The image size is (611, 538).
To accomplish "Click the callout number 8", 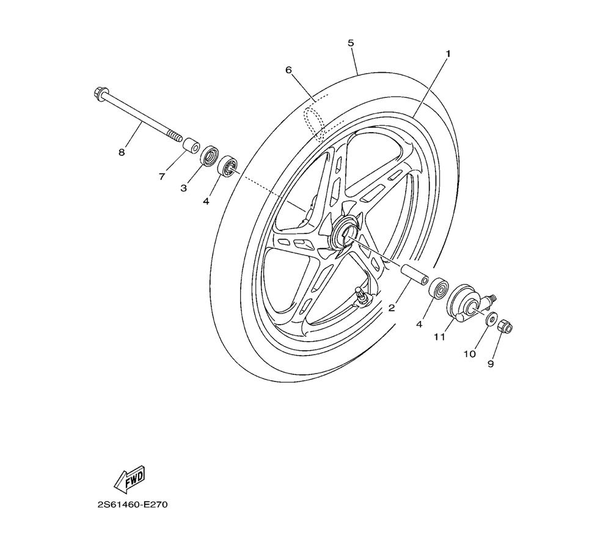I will coord(122,153).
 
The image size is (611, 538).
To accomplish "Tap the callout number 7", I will coord(162,177).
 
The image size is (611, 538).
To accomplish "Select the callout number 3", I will coord(183,188).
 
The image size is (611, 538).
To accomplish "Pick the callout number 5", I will coord(351,43).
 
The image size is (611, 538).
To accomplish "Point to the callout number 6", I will coord(288,70).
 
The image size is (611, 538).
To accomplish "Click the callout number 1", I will coord(448,54).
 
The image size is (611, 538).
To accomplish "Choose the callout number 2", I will coord(392,308).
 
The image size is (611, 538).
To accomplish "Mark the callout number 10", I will coord(469,353).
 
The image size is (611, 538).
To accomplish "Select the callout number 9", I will coord(491,364).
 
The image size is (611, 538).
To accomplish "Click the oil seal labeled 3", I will coord(211,155).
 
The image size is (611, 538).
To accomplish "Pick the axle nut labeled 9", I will coord(505,326).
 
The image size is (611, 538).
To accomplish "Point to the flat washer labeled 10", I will coord(491,319).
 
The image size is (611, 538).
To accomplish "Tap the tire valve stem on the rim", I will coord(362,297).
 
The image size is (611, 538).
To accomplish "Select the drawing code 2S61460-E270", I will coord(133,505).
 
